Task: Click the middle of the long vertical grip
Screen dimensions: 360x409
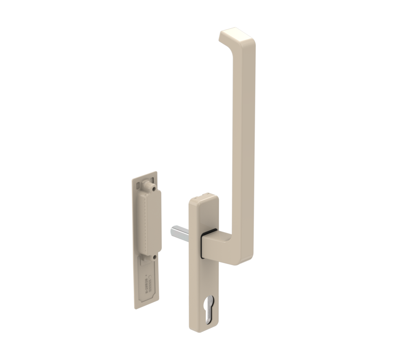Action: (x=243, y=142)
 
